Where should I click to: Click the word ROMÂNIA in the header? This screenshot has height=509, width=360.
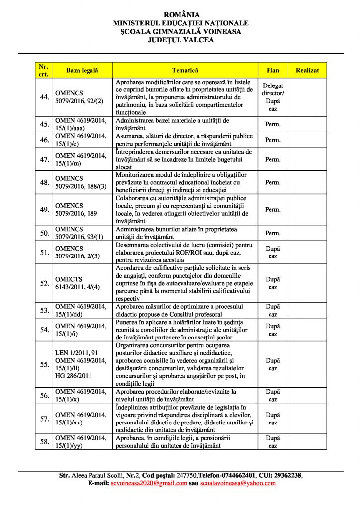[180, 15]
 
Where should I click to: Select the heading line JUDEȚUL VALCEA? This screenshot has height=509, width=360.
[180, 40]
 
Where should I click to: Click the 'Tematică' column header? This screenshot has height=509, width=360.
[185, 71]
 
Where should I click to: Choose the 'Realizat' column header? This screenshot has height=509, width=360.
[307, 71]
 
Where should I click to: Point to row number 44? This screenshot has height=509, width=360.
[44, 97]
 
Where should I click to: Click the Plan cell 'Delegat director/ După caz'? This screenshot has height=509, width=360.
[273, 97]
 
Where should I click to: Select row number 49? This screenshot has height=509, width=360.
[44, 209]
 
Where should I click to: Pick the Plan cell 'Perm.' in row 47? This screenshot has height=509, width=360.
[273, 159]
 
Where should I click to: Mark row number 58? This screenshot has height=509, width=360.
[44, 441]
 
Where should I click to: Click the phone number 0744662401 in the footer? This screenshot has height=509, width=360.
[229, 475]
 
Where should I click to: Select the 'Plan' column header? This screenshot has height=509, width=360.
[273, 71]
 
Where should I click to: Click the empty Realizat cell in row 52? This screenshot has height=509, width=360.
[307, 283]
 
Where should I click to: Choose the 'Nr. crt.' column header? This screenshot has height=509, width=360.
[44, 71]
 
